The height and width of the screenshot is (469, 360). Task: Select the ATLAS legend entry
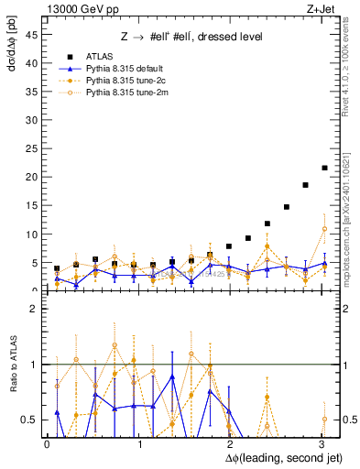pos(99,56)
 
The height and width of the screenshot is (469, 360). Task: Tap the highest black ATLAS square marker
pos(324,168)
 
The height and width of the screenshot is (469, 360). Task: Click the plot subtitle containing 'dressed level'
pos(191,37)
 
